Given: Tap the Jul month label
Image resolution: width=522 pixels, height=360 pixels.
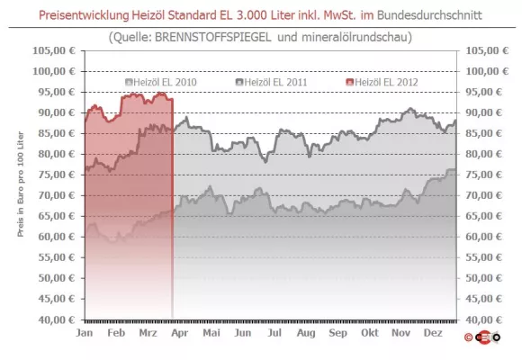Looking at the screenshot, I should [273, 332].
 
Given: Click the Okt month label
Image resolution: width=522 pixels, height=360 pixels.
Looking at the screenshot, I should [367, 332].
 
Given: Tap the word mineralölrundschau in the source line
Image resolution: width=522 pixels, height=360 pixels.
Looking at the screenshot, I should [356, 38].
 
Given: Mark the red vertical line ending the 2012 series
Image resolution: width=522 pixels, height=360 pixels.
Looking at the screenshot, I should [172, 207].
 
